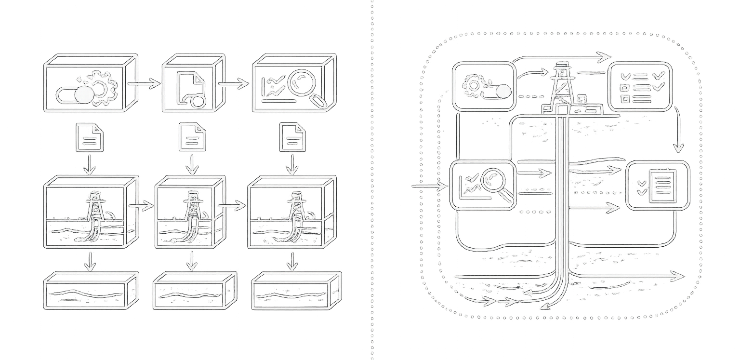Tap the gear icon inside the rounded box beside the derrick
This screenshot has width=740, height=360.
(x=474, y=86)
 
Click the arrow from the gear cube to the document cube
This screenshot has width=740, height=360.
(x=146, y=84)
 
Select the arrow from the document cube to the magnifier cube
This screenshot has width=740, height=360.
(x=236, y=84)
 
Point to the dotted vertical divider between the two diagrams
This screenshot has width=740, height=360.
(x=371, y=180)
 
